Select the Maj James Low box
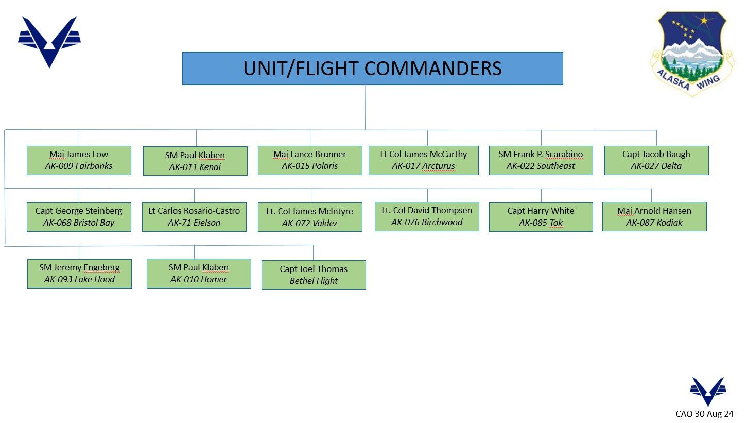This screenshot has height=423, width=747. click(79, 160)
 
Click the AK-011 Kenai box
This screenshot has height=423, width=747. click(195, 161)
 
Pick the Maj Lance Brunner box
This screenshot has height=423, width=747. click(310, 160)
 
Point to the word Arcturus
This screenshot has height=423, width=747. click(438, 166)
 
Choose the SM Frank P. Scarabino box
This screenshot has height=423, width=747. click(541, 160)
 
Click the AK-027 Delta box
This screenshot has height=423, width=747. click(656, 160)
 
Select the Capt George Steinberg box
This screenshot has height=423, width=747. click(79, 217)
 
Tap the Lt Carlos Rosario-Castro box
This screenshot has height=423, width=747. click(194, 217)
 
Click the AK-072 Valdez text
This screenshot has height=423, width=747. click(310, 223)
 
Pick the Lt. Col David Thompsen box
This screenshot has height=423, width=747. click(427, 216)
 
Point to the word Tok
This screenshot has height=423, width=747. click(556, 223)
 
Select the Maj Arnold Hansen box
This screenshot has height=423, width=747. click(654, 216)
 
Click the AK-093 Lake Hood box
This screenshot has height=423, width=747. click(79, 274)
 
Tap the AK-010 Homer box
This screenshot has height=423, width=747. click(199, 274)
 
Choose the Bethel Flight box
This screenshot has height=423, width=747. click(314, 275)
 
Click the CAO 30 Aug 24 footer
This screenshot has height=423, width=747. click(704, 414)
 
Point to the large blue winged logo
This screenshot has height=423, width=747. click(49, 41)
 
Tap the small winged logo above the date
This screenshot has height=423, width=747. click(708, 391)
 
